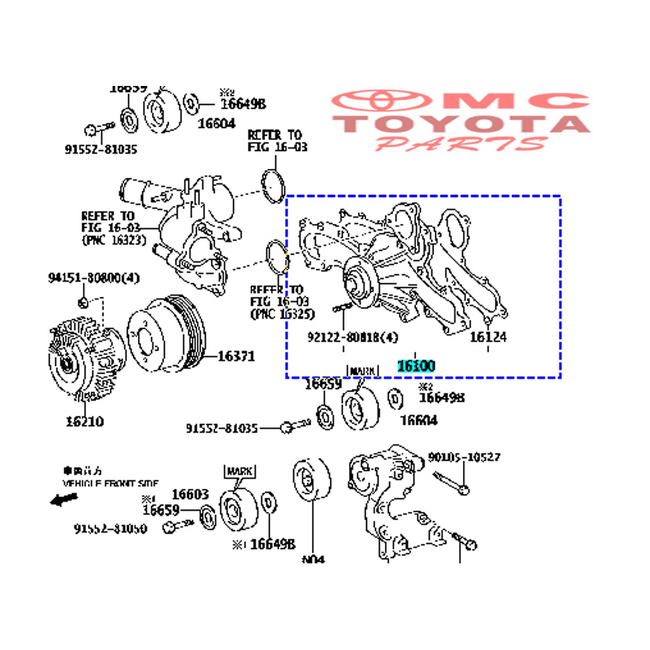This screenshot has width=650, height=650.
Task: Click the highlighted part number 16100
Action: (x=415, y=366)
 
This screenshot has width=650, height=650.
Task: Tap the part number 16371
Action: (x=236, y=355)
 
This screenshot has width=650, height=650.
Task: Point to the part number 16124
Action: (x=488, y=337)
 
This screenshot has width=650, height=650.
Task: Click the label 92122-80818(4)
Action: (x=352, y=337)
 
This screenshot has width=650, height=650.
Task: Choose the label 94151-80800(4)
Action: (x=94, y=277)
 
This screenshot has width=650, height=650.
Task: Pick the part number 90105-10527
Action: (x=464, y=457)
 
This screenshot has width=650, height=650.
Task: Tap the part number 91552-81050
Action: (x=110, y=528)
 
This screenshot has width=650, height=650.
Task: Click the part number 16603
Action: (x=190, y=495)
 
